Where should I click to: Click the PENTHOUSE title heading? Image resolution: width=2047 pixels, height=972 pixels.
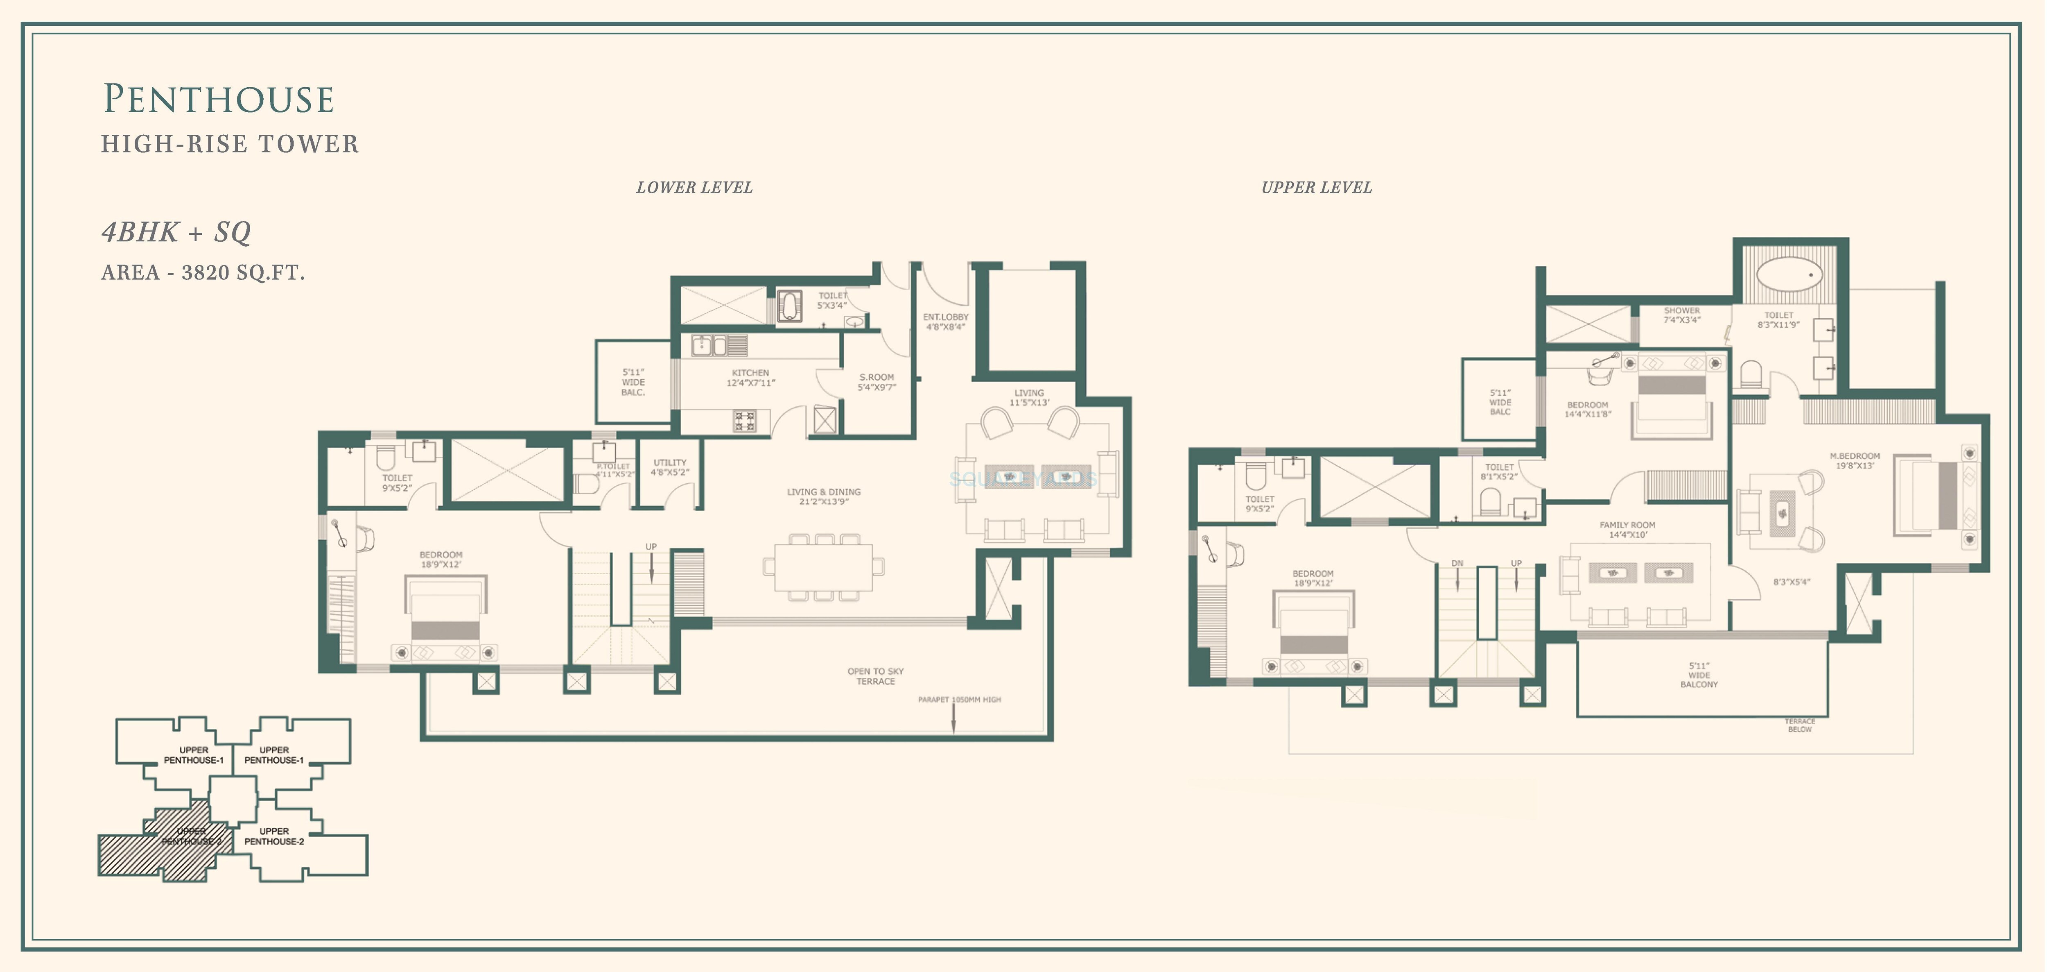[219, 100]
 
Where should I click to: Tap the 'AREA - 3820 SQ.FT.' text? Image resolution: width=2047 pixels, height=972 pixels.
[203, 273]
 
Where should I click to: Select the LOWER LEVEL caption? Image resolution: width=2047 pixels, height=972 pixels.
[694, 188]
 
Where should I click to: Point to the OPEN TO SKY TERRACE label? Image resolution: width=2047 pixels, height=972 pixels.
[875, 676]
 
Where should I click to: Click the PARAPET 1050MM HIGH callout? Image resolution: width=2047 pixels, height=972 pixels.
[959, 699]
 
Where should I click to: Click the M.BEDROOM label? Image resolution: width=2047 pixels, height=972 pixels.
[1855, 461]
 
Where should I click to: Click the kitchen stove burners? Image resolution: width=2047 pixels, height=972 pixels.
[745, 420]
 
